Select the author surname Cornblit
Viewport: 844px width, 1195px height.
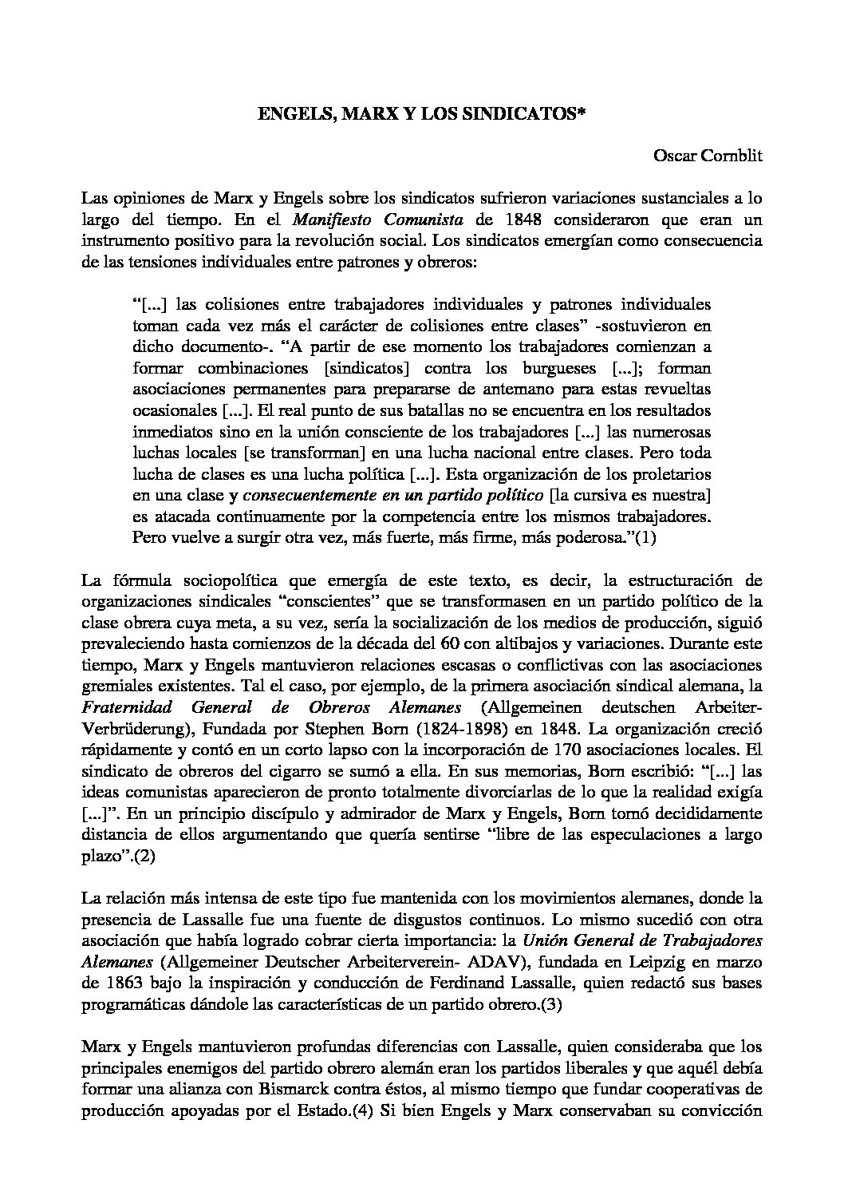coord(732,156)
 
